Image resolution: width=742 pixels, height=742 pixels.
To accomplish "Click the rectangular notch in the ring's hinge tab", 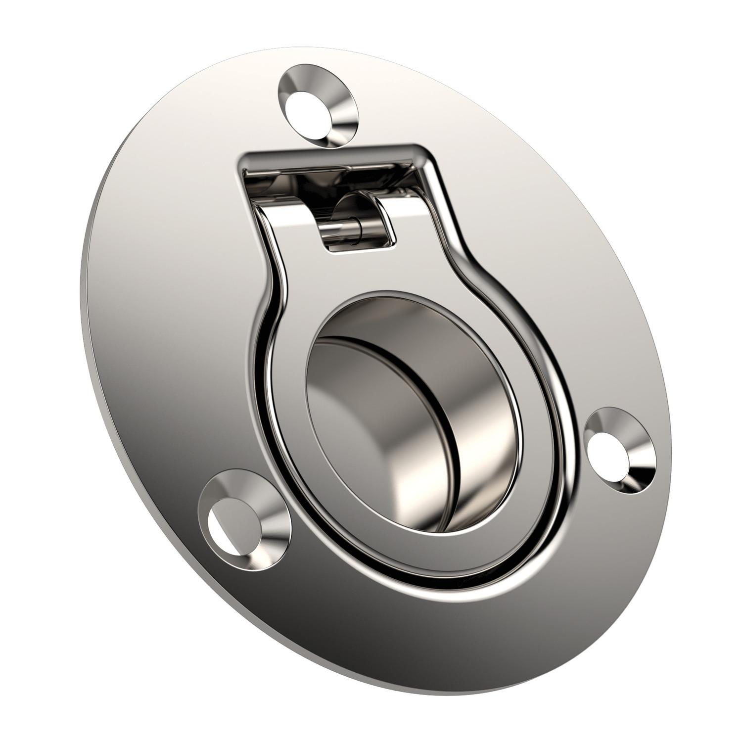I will click(x=359, y=232).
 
